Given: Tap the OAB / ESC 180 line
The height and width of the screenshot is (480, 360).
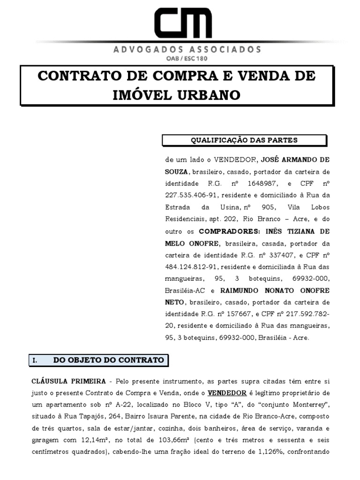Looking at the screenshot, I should (x=187, y=59).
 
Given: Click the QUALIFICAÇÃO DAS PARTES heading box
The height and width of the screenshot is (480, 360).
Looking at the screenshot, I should (x=244, y=140).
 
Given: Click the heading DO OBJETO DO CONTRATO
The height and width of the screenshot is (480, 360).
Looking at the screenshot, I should (x=108, y=360).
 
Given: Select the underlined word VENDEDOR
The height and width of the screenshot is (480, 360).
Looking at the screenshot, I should (x=227, y=392).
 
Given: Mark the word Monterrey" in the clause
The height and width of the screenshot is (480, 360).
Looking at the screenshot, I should (x=313, y=404).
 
